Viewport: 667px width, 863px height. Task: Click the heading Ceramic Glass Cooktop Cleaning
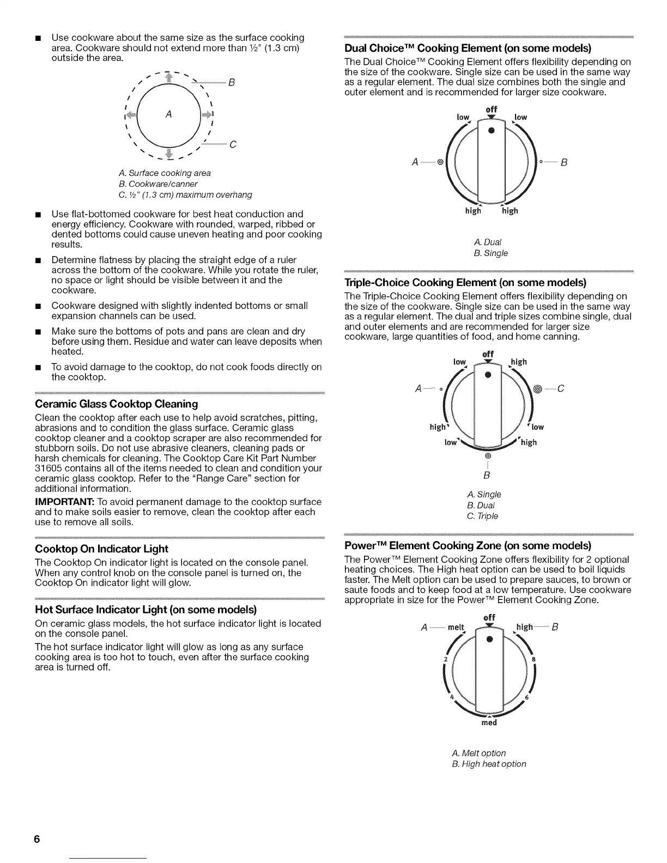(x=116, y=404)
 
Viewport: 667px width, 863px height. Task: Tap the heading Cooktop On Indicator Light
(x=101, y=549)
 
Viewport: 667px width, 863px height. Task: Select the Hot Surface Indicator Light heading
(x=145, y=609)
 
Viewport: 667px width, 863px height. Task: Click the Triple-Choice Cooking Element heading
(x=465, y=283)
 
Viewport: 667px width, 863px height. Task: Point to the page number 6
(x=37, y=839)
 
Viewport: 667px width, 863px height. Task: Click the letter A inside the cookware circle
(x=169, y=114)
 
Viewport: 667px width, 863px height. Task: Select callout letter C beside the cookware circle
(x=233, y=145)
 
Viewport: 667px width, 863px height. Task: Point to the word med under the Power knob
(x=489, y=723)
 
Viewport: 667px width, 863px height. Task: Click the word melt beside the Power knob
(x=456, y=627)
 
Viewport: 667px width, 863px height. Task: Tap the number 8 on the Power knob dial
(x=533, y=659)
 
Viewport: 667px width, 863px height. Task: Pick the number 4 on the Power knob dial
(x=452, y=698)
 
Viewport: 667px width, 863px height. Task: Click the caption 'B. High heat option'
(x=489, y=764)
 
